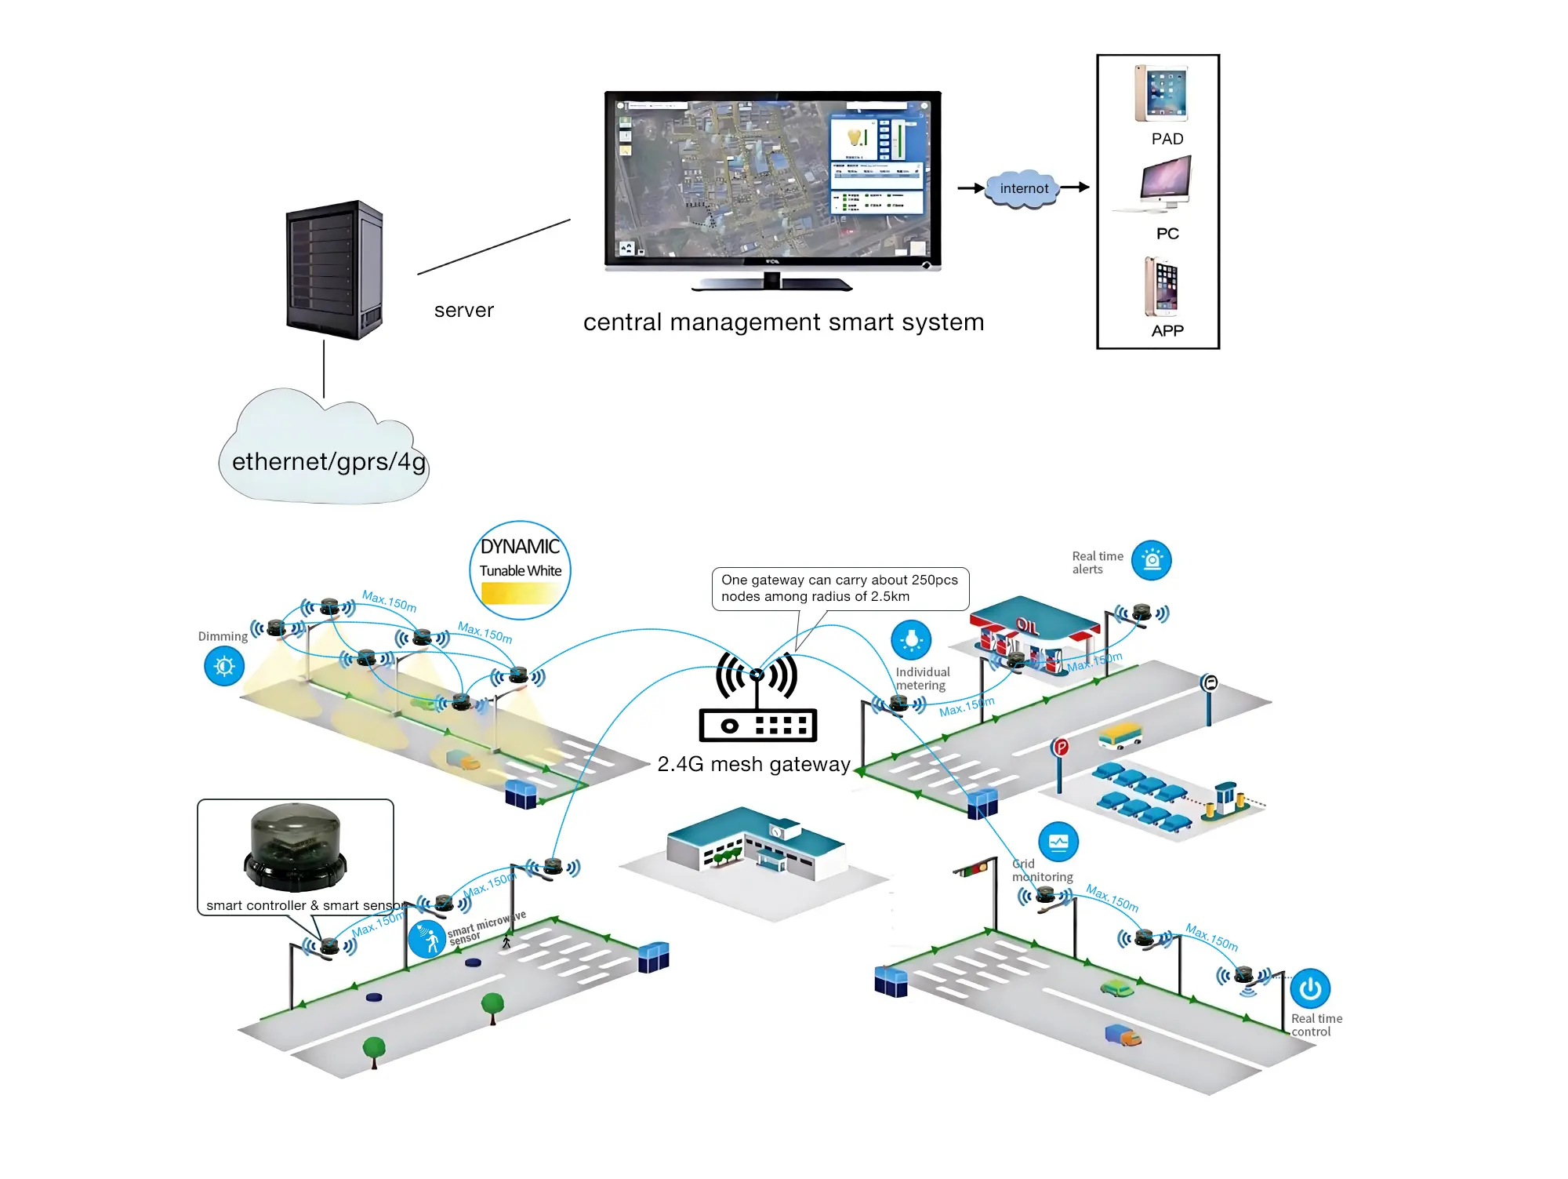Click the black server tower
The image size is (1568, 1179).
(x=335, y=270)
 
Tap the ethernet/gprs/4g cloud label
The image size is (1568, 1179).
(x=328, y=462)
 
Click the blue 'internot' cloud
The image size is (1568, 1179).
(x=1023, y=188)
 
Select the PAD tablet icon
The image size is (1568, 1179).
(x=1161, y=93)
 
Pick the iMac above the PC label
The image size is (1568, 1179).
(x=1166, y=183)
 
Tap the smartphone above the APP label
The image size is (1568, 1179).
(x=1161, y=286)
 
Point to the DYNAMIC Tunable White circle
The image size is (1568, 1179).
(x=521, y=570)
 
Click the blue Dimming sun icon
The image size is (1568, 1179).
(x=224, y=666)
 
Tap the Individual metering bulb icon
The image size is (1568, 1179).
(x=911, y=640)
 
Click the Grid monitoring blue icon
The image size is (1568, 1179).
(x=1058, y=842)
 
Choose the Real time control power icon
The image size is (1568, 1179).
(x=1310, y=989)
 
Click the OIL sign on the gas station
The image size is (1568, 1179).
(x=1027, y=625)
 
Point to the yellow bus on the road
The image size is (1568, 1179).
(x=1120, y=736)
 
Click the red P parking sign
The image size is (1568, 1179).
(x=1061, y=747)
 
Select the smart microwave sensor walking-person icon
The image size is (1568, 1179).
(x=427, y=939)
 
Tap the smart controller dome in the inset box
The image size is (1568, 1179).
(x=296, y=847)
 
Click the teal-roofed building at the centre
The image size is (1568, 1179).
(x=754, y=847)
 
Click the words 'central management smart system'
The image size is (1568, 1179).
(x=783, y=322)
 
